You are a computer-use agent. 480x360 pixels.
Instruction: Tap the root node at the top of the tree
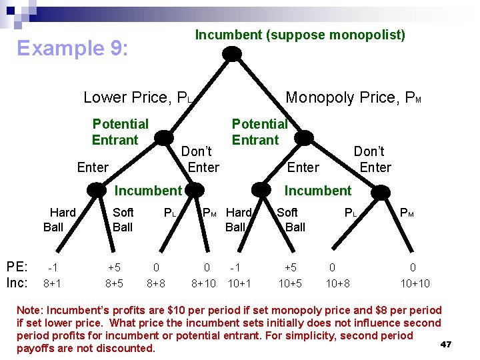pyautogui.click(x=232, y=54)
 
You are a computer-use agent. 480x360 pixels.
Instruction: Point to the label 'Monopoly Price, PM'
pyautogui.click(x=353, y=98)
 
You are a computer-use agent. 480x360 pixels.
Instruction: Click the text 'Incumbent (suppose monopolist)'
pyautogui.click(x=300, y=35)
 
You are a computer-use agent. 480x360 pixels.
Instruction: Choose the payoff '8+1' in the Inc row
pyautogui.click(x=53, y=283)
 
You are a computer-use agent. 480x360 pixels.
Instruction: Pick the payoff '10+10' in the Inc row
pyautogui.click(x=415, y=283)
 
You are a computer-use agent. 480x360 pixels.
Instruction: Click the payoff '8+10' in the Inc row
pyautogui.click(x=204, y=283)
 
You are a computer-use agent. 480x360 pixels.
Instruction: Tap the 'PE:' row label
pyautogui.click(x=17, y=267)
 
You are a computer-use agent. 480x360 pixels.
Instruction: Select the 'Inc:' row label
pyautogui.click(x=17, y=283)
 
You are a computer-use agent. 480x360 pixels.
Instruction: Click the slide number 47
pyautogui.click(x=446, y=344)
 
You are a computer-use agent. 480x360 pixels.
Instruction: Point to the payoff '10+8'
pyautogui.click(x=337, y=283)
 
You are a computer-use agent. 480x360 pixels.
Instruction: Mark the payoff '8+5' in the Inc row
pyautogui.click(x=114, y=283)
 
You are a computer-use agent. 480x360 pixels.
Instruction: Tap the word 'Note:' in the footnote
pyautogui.click(x=32, y=310)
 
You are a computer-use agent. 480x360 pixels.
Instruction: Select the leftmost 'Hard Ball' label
pyautogui.click(x=58, y=219)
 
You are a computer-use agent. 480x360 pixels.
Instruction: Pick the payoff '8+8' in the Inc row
pyautogui.click(x=156, y=283)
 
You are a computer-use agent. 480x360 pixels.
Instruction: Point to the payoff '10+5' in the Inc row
pyautogui.click(x=290, y=283)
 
